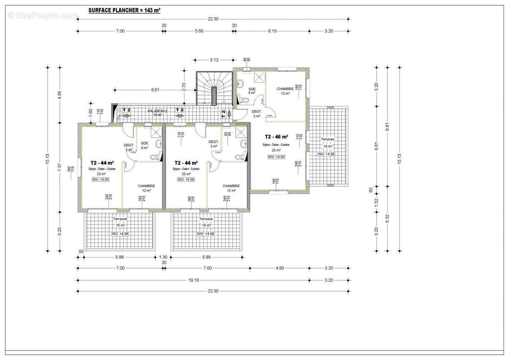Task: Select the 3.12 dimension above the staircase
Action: pyautogui.click(x=214, y=59)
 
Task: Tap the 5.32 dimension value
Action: pyautogui.click(x=387, y=219)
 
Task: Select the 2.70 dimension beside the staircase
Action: pyautogui.click(x=184, y=87)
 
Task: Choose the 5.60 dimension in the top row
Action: pyautogui.click(x=199, y=31)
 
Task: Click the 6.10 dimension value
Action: pyautogui.click(x=272, y=31)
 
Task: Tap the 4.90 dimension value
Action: pyautogui.click(x=280, y=268)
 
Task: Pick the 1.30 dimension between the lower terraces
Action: pyautogui.click(x=163, y=257)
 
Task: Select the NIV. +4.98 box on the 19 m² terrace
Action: pyautogui.click(x=327, y=154)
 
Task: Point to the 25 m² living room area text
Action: pyautogui.click(x=275, y=150)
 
